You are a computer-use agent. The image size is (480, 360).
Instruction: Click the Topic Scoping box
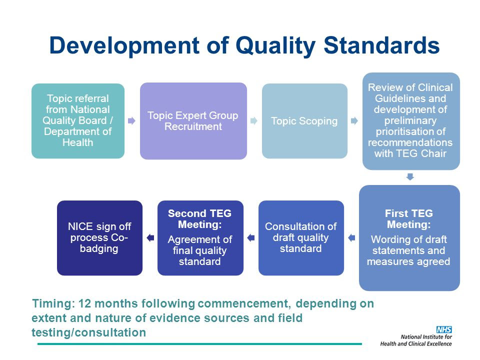[x=304, y=121]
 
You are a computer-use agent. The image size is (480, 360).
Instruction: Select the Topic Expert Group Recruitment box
[x=193, y=121]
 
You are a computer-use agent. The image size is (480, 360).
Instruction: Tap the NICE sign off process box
[x=100, y=238]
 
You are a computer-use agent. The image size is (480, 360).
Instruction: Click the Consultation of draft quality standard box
[x=301, y=238]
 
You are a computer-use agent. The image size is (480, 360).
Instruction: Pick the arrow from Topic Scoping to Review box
[x=354, y=121]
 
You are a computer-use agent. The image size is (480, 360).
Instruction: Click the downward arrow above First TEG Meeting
[x=410, y=177]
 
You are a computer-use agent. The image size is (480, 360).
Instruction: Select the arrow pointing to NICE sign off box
[x=150, y=238]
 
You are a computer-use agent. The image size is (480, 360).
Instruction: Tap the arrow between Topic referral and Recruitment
[x=131, y=121]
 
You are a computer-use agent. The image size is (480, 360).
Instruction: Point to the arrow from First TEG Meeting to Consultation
[x=351, y=238]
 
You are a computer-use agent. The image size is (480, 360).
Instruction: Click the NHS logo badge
[x=444, y=329]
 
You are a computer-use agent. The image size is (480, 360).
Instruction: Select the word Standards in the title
[x=381, y=45]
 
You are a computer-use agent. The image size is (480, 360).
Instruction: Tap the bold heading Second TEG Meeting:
[x=200, y=219]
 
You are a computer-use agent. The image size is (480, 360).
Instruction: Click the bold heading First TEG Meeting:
[x=409, y=219]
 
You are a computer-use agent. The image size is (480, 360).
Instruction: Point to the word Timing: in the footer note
[x=53, y=303]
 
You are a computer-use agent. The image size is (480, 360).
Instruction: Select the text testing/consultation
[x=89, y=332]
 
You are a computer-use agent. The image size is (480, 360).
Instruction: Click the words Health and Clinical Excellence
[x=416, y=344]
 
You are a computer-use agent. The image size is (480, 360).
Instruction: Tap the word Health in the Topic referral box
[x=78, y=142]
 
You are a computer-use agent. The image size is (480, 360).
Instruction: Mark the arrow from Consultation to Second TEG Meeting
[x=251, y=238]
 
